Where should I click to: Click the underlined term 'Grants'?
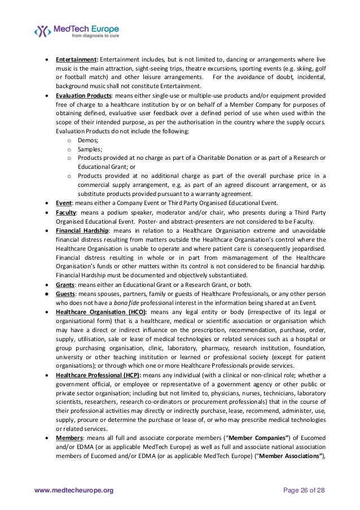66,284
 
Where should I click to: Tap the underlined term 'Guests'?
66,293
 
